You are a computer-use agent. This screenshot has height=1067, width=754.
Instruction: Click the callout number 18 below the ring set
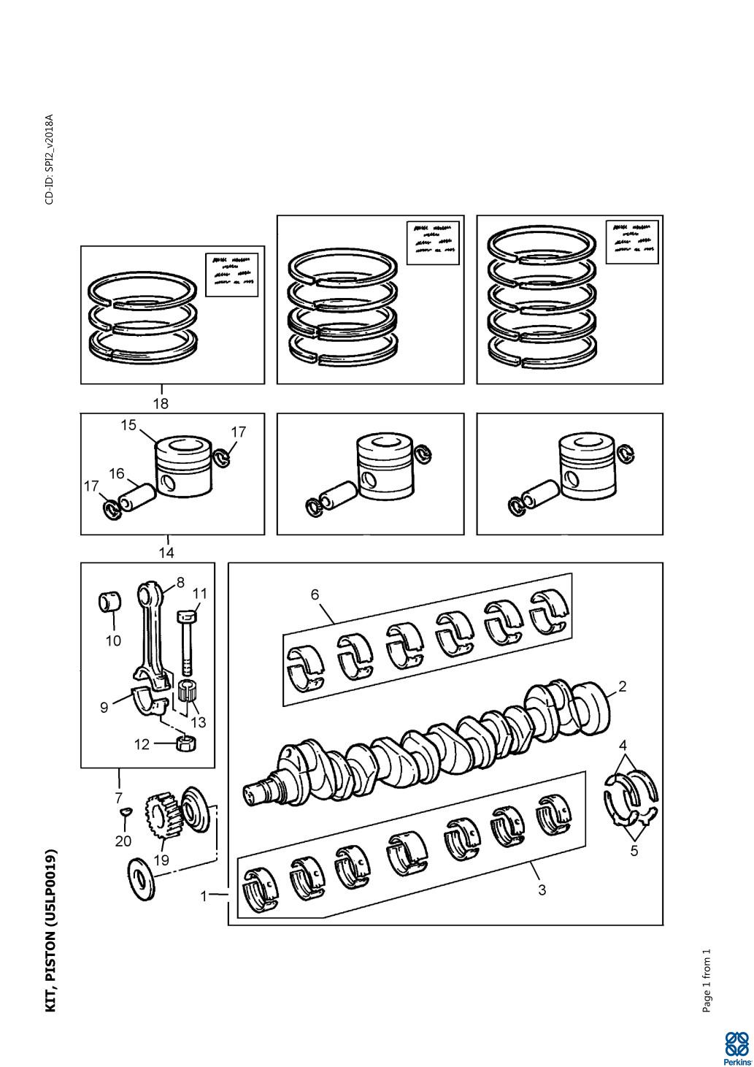(x=161, y=402)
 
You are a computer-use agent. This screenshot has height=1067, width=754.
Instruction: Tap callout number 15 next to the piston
(x=129, y=425)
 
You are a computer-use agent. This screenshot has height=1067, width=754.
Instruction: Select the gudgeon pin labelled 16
(x=136, y=500)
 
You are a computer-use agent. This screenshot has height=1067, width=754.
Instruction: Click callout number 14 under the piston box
(x=166, y=552)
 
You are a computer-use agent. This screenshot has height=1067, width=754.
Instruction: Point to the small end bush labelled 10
(x=109, y=603)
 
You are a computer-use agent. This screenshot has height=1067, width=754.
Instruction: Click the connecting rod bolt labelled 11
(x=187, y=639)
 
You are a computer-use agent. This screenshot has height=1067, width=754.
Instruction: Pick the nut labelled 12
(x=187, y=744)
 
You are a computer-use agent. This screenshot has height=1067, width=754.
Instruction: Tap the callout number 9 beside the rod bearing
(x=104, y=706)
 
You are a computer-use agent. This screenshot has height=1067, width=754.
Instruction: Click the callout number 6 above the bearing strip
(x=315, y=594)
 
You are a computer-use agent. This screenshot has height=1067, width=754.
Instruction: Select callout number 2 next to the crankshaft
(x=622, y=686)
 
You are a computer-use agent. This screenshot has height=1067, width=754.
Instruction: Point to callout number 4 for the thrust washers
(x=623, y=746)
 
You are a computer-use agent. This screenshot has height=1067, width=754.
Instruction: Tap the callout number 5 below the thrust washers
(x=634, y=850)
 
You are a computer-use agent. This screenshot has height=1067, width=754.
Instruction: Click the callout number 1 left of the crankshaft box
(x=205, y=896)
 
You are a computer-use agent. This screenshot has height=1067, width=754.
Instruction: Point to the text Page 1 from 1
(x=706, y=980)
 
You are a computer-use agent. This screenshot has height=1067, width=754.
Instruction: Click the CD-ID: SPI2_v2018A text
(x=50, y=158)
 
